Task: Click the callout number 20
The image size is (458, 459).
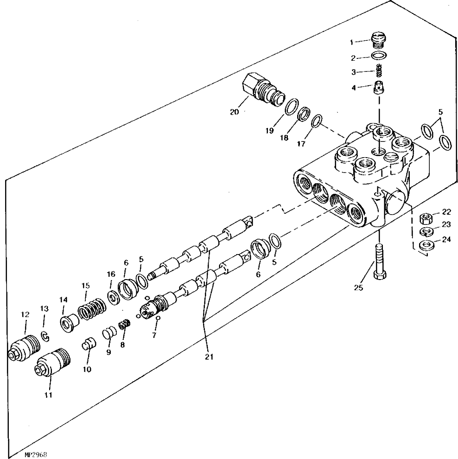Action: pyautogui.click(x=234, y=112)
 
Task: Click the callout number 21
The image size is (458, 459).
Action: pyautogui.click(x=209, y=357)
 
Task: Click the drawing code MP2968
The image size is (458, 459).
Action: pyautogui.click(x=36, y=455)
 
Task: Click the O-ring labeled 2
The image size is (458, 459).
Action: pyautogui.click(x=379, y=55)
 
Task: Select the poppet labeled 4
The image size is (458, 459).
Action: pyautogui.click(x=379, y=88)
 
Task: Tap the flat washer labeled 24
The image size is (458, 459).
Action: pyautogui.click(x=426, y=244)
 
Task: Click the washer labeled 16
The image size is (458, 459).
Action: pyautogui.click(x=114, y=297)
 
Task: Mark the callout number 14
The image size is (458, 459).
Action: pyautogui.click(x=63, y=300)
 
